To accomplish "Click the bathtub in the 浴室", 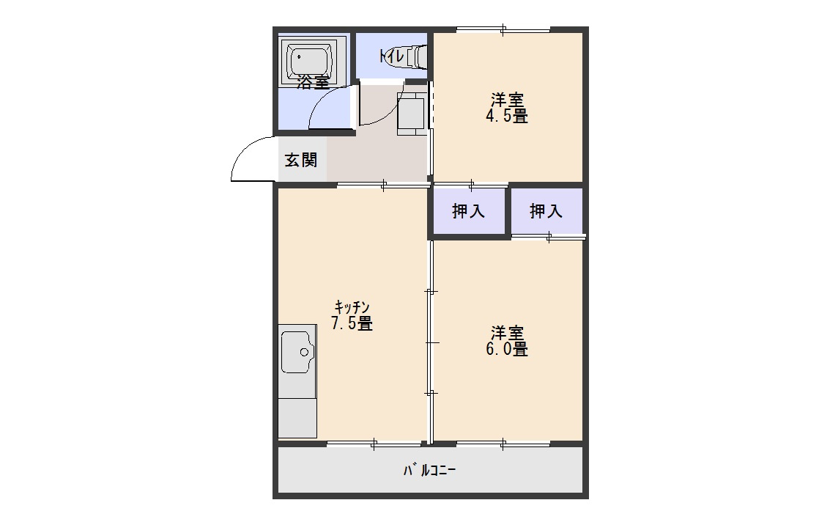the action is pos(311,62).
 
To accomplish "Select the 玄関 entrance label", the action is pos(301,159).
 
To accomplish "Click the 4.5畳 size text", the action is pos(507,116).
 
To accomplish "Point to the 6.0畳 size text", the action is pos(507,348).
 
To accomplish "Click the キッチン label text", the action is pos(352,306).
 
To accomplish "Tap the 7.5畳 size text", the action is pos(352,323).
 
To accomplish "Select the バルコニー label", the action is pos(429,470).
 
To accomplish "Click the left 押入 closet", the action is pos(468,210).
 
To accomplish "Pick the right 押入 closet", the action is pos(546,210).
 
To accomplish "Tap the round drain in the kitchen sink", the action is pos(305,352).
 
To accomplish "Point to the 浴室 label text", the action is pos(313,82).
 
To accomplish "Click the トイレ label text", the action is pos(392,56).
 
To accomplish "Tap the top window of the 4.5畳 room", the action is pos(503,29).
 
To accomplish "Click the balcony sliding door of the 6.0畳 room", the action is pos(503,444).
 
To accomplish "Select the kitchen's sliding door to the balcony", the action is pos(374,444).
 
